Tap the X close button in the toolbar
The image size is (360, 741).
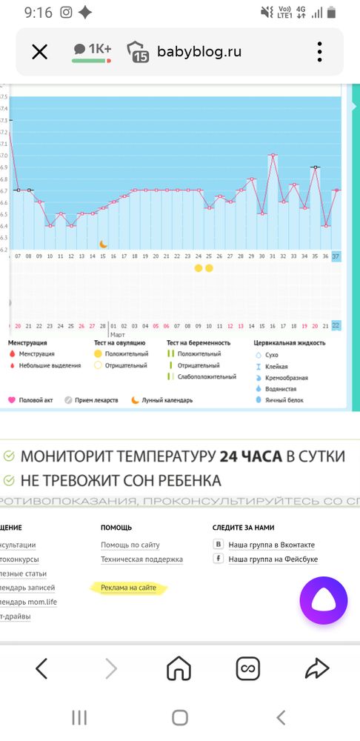pyautogui.click(x=39, y=51)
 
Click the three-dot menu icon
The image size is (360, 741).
pyautogui.click(x=319, y=51)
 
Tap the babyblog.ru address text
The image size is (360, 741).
pyautogui.click(x=199, y=52)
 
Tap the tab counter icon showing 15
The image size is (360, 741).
pyautogui.click(x=138, y=52)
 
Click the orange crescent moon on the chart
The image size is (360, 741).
pyautogui.click(x=104, y=244)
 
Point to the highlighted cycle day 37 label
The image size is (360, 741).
pyautogui.click(x=336, y=256)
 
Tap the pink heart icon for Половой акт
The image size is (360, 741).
pyautogui.click(x=12, y=400)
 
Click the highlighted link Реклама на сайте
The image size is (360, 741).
pyautogui.click(x=129, y=588)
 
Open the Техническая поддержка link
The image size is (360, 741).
pyautogui.click(x=141, y=559)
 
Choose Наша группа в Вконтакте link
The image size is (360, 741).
pyautogui.click(x=271, y=545)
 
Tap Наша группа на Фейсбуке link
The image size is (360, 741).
pyautogui.click(x=273, y=559)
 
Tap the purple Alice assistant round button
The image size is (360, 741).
pyautogui.click(x=323, y=600)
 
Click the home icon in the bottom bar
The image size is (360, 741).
pyautogui.click(x=179, y=669)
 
